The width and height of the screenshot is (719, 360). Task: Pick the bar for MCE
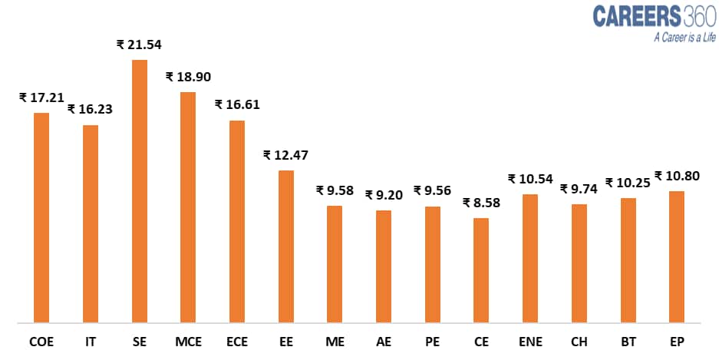(188, 206)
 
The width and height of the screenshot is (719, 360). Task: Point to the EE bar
(286, 246)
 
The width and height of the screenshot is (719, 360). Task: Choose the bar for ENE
(530, 258)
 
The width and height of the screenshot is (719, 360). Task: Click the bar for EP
(677, 256)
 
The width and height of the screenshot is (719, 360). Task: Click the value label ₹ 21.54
(140, 45)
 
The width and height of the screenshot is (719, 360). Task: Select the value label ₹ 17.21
(41, 97)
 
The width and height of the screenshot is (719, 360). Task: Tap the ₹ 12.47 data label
(286, 155)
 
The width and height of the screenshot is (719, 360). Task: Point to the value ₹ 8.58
(481, 203)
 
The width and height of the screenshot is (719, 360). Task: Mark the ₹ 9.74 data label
(579, 189)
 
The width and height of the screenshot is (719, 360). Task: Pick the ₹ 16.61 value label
(237, 104)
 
